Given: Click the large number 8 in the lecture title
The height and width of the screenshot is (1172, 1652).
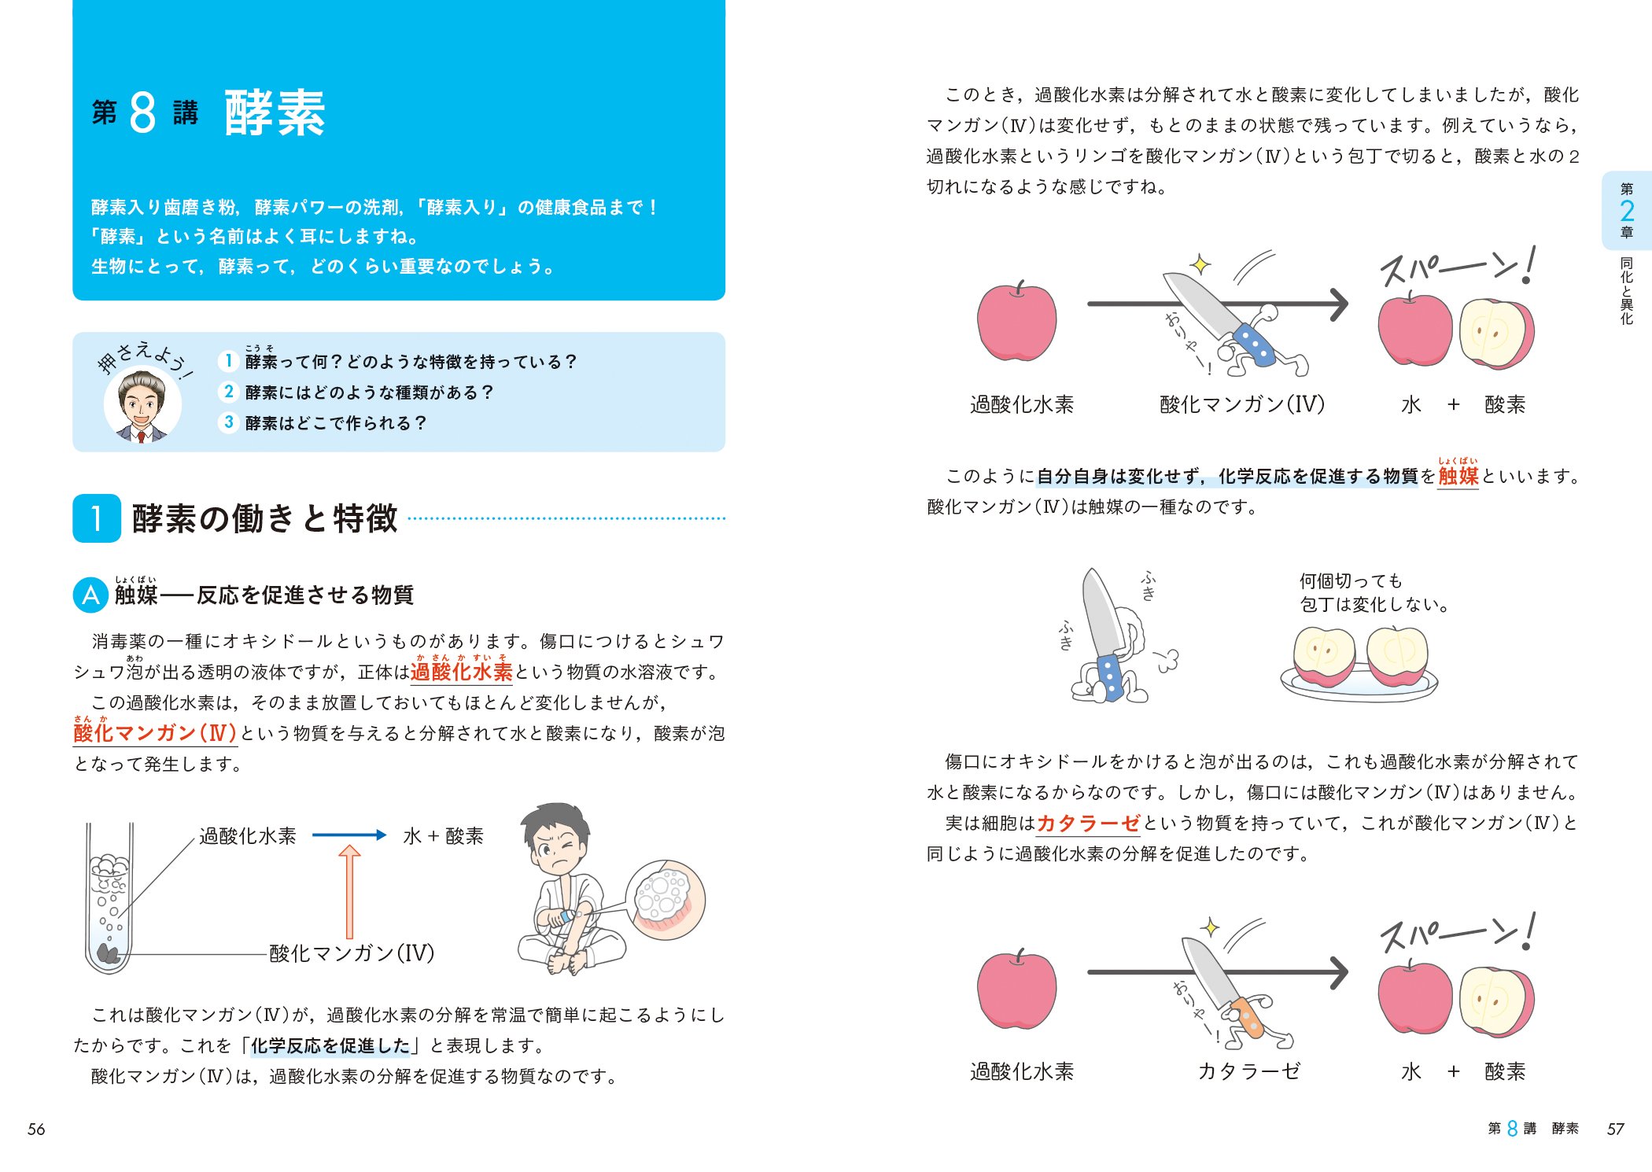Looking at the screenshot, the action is pos(142,113).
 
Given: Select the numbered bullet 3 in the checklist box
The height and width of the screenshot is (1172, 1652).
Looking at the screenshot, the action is pos(228,422).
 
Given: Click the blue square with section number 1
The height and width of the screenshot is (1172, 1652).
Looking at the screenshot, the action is pos(97,518).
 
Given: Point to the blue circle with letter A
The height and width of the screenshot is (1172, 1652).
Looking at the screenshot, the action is pos(90,595).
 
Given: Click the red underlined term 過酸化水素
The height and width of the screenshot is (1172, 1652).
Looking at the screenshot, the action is pos(461,672).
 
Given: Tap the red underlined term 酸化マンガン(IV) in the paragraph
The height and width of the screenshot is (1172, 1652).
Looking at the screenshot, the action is pos(155,733).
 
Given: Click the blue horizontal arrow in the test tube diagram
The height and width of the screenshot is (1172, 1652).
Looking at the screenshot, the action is pos(349,835).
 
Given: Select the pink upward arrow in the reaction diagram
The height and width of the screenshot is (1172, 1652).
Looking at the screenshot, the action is pos(349,891).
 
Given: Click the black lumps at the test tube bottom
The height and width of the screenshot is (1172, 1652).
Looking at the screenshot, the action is pos(108,954).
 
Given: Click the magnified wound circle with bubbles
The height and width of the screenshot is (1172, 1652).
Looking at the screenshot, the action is pos(666,899).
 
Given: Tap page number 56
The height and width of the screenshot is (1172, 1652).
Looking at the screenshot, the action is pos(36,1130).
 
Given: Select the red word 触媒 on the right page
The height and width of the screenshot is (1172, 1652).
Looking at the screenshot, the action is pos(1458,476).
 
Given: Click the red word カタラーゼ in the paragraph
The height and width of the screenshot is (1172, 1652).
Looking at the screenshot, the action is pos(1088,824).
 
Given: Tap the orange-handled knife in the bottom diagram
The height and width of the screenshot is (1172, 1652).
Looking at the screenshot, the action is pos(1235,991).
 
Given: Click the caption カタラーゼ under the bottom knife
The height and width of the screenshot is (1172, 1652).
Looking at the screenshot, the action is pos(1249,1071).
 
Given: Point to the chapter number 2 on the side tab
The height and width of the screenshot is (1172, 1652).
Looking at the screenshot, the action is pos(1627,210).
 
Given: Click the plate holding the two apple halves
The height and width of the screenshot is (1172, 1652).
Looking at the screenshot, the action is pos(1359,684).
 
